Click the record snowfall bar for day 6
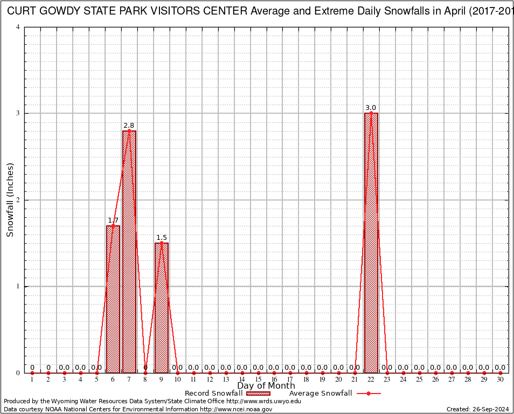113,299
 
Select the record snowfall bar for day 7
129,252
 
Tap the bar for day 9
162,308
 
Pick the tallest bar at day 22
371,243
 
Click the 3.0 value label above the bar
371,108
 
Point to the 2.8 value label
129,126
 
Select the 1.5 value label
162,238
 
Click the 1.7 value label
113,220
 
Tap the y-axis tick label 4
19,27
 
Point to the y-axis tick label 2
19,200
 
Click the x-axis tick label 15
258,380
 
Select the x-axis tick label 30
501,380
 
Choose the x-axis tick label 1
32,380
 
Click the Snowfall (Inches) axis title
10,200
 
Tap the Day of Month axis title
266,386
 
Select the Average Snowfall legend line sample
368,394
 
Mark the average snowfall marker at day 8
145,372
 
